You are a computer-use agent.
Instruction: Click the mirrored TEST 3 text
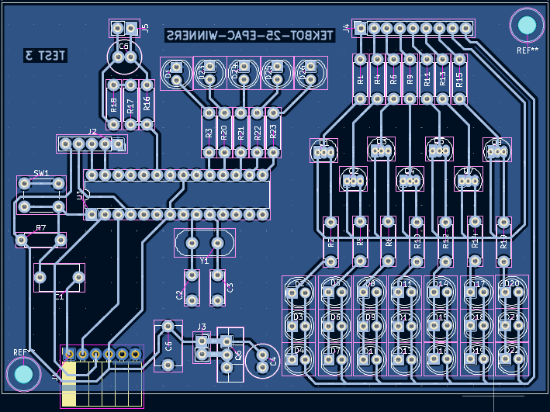pyautogui.click(x=46, y=55)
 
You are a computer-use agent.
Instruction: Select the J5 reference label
pyautogui.click(x=144, y=28)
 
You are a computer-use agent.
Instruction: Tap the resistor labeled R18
pyautogui.click(x=113, y=104)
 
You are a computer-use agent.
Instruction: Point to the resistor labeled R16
pyautogui.click(x=147, y=104)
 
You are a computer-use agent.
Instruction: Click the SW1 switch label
pyautogui.click(x=40, y=173)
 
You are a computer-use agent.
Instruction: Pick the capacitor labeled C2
pyautogui.click(x=191, y=287)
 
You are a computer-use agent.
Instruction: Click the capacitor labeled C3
pyautogui.click(x=218, y=287)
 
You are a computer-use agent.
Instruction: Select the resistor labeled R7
pyautogui.click(x=41, y=241)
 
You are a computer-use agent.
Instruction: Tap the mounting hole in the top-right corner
pyautogui.click(x=527, y=26)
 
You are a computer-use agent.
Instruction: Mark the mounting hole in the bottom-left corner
pyautogui.click(x=23, y=375)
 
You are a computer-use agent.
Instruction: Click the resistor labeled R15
pyautogui.click(x=459, y=78)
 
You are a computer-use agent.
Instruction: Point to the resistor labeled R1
pyautogui.click(x=360, y=78)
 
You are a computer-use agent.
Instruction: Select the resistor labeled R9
pyautogui.click(x=410, y=78)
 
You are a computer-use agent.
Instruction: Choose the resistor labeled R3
pyautogui.click(x=209, y=133)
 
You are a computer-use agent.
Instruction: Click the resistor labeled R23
pyautogui.click(x=273, y=133)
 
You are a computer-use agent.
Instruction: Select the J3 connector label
pyautogui.click(x=202, y=327)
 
